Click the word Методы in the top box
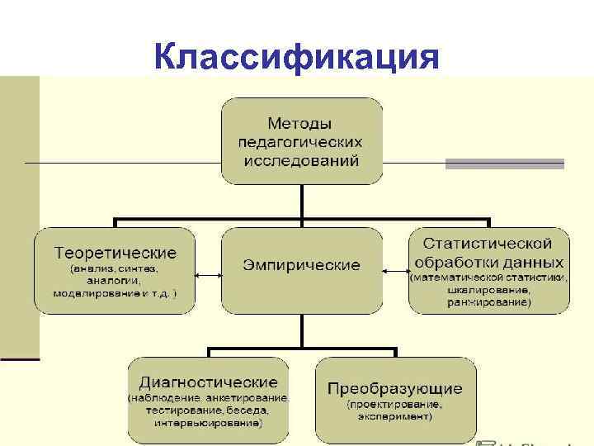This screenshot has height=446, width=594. [301, 124]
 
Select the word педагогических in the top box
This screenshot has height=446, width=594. [301, 141]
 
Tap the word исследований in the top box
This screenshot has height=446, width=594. [301, 159]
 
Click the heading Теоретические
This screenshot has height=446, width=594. [115, 251]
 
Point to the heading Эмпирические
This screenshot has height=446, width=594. [301, 265]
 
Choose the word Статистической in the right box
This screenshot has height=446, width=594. [488, 244]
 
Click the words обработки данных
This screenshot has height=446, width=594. [488, 262]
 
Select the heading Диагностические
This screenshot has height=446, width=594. [208, 382]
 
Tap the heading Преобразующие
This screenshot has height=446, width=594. [395, 388]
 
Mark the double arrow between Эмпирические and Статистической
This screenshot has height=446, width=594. [395, 269]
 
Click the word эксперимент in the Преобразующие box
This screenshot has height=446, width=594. [394, 417]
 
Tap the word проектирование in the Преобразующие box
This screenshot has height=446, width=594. [394, 405]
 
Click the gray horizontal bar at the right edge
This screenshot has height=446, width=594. [505, 164]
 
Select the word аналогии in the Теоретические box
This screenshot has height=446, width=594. [115, 281]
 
